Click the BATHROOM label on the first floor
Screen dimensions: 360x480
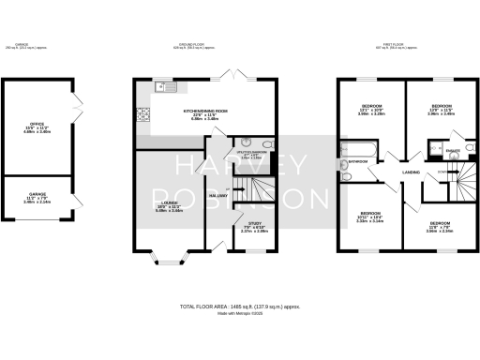coord(358,161)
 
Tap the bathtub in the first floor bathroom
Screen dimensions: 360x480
coord(361,148)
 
